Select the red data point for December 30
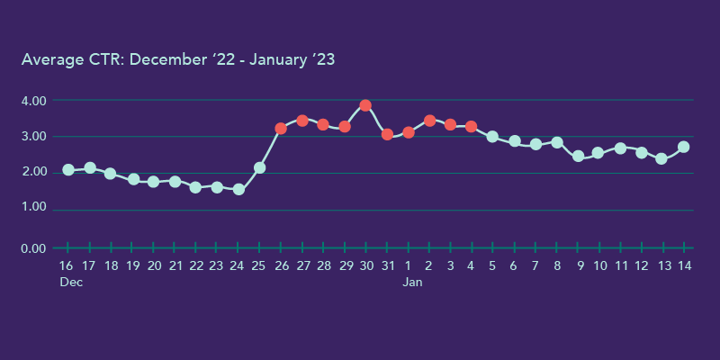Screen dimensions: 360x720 point(365,105)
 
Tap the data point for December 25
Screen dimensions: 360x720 point(259,167)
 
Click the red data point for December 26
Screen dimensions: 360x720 point(281,129)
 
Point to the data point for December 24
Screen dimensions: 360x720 point(238,189)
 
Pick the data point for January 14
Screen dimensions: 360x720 point(684,147)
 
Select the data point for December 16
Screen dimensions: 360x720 point(68,170)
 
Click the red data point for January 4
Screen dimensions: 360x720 point(471,127)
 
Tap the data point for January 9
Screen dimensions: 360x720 point(578,157)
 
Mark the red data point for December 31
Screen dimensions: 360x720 point(387,134)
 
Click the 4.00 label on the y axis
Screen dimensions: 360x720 point(33,101)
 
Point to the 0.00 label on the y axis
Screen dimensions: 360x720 point(33,248)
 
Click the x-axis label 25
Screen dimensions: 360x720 point(259,266)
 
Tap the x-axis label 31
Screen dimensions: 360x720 point(387,266)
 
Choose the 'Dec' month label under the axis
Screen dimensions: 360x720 point(71,283)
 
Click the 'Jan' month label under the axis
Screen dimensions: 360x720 point(412,283)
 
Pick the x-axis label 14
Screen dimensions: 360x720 point(684,266)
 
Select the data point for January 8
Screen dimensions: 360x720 point(557,142)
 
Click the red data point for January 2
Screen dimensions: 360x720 point(429,121)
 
